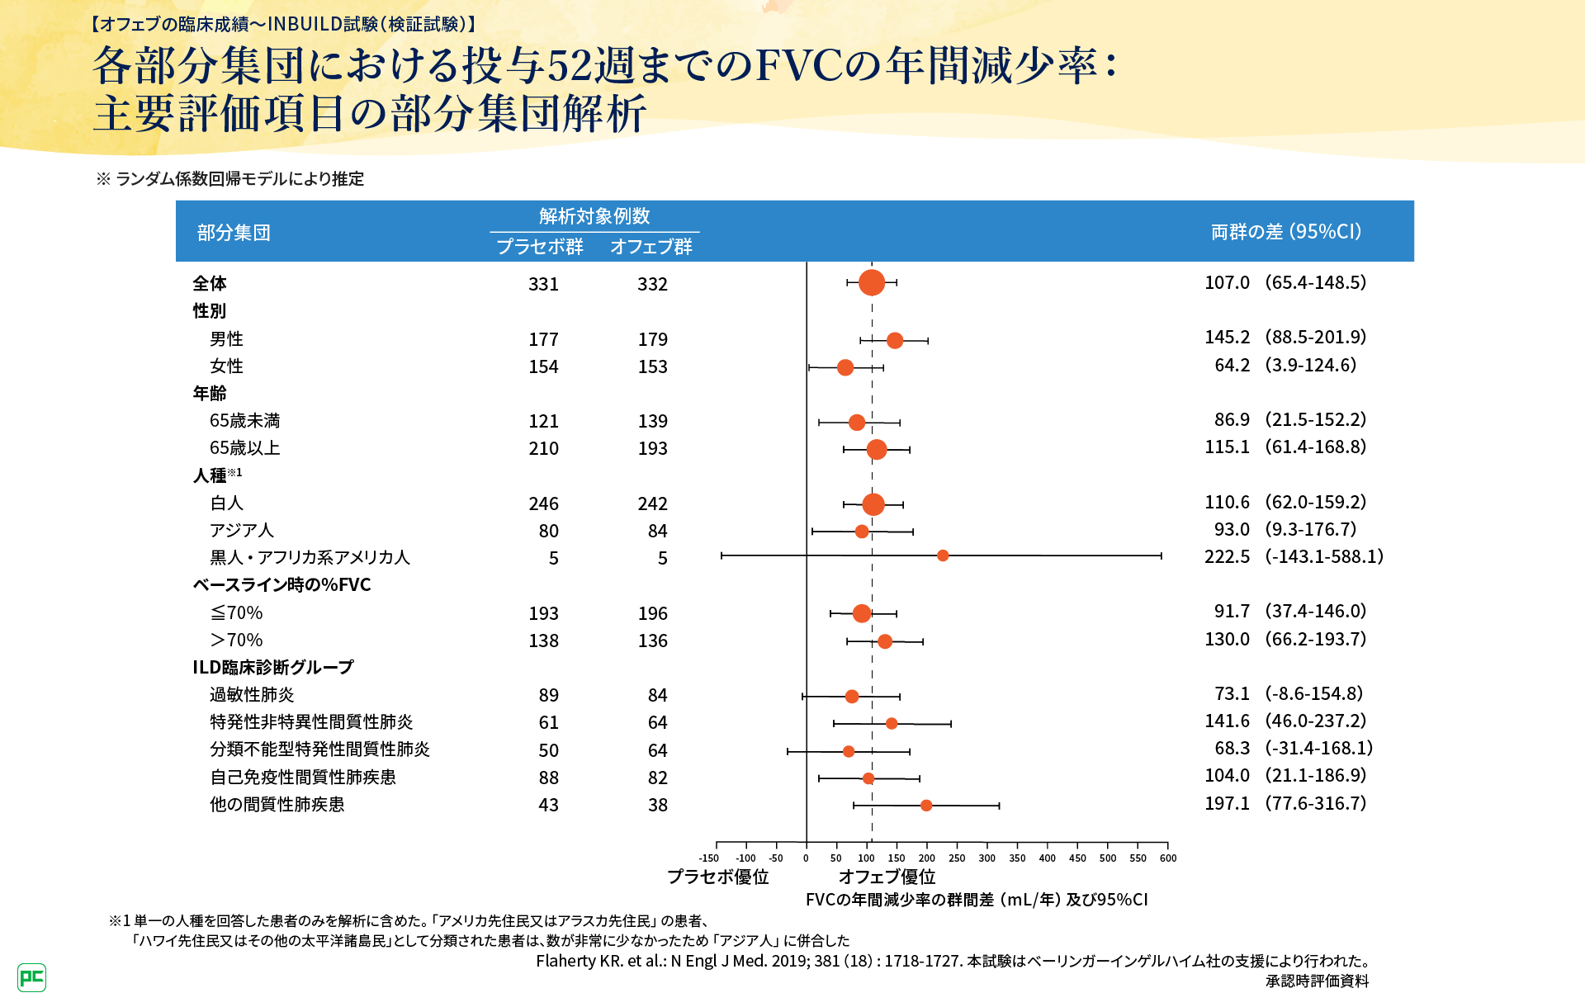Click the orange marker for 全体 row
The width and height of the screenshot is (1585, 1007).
pos(871,282)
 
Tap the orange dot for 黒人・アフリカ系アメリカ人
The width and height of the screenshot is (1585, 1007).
pos(943,556)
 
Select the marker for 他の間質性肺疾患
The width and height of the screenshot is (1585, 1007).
pos(926,806)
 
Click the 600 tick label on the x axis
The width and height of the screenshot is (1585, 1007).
pos(1167,858)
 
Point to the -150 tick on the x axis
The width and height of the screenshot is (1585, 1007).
pos(709,858)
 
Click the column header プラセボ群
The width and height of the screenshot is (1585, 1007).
pos(540,247)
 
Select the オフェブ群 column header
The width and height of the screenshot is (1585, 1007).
pos(651,247)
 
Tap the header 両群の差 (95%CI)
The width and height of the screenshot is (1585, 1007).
pos(1286,232)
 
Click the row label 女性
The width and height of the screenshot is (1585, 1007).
pos(226,366)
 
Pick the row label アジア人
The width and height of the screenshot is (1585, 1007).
pos(241,530)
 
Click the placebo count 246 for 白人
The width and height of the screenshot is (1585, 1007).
pos(543,503)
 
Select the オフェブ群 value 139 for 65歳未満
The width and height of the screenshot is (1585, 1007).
pos(652,421)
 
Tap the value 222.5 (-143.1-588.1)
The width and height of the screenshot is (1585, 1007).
pos(1294,556)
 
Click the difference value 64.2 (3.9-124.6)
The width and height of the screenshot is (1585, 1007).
pos(1285,365)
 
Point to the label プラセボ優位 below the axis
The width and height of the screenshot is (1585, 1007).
pos(717,877)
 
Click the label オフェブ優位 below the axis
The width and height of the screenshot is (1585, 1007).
pos(887,877)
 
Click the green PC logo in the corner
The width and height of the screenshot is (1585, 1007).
pos(31,978)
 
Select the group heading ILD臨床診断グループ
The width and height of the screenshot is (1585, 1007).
pos(273,667)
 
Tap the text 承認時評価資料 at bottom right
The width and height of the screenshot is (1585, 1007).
pos(1317,981)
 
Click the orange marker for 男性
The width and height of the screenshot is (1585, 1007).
pos(895,340)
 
